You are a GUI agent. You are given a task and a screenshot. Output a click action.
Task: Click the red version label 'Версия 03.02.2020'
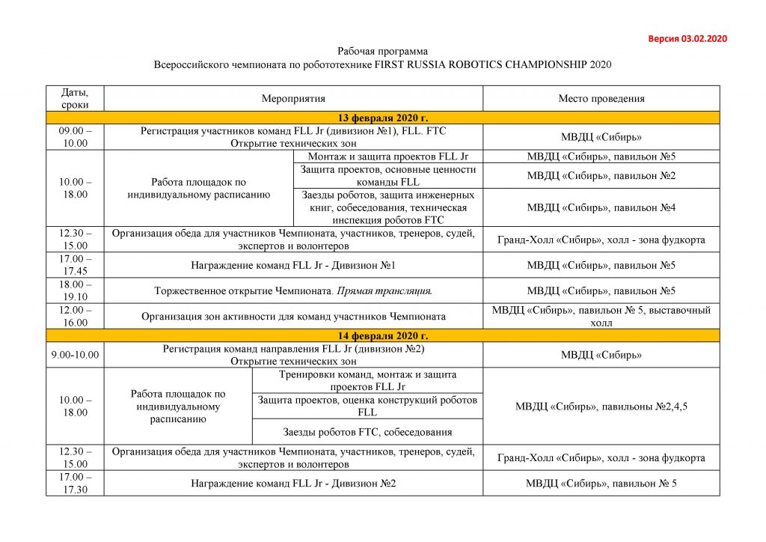(687, 38)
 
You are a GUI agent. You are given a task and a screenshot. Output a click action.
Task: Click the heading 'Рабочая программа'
(382, 51)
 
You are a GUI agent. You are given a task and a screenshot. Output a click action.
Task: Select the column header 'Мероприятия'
(293, 98)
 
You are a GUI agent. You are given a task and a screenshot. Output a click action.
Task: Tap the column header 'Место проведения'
(601, 98)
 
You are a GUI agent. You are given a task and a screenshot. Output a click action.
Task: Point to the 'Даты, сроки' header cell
(75, 98)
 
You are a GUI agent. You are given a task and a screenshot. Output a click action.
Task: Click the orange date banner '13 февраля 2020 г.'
(383, 118)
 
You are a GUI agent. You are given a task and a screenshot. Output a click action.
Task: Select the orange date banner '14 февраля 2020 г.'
(383, 335)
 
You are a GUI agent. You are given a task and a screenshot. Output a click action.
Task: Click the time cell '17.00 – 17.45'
(75, 264)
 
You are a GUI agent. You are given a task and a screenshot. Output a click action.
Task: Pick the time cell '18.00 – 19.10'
(75, 290)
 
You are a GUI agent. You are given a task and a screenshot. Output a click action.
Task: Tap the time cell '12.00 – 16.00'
(75, 316)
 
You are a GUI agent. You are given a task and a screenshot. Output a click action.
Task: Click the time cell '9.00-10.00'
(75, 355)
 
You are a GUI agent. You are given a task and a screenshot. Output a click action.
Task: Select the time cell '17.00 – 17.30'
(75, 483)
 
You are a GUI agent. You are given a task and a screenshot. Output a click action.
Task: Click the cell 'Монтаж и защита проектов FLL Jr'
(387, 156)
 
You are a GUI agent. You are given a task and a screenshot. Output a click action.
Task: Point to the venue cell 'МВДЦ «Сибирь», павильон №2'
(601, 175)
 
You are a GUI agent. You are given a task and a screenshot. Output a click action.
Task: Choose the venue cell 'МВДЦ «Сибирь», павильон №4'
(601, 207)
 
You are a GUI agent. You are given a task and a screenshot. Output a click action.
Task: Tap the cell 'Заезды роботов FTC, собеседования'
(367, 431)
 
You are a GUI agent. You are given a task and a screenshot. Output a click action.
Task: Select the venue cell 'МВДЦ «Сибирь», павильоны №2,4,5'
(601, 406)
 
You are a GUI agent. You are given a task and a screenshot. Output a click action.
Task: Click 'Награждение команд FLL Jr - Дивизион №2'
(293, 483)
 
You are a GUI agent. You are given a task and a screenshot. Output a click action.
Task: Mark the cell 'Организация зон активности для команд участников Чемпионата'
(293, 316)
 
